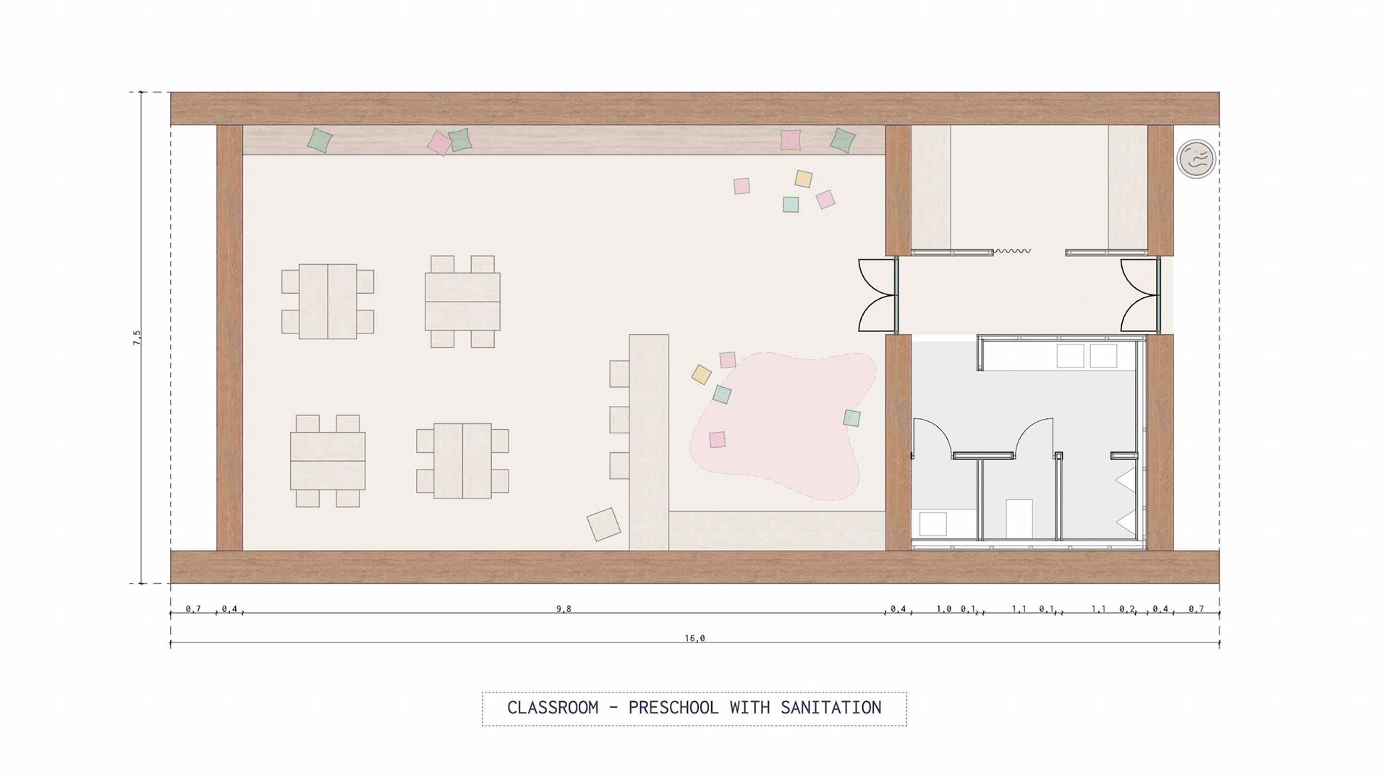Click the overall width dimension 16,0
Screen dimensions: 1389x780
pyautogui.click(x=694, y=638)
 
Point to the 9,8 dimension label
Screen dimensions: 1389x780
pyautogui.click(x=564, y=609)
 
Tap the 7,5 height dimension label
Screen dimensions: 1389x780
pyautogui.click(x=137, y=337)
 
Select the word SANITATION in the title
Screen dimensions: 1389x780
pyautogui.click(x=831, y=708)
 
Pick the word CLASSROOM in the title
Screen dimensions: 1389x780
pyautogui.click(x=553, y=708)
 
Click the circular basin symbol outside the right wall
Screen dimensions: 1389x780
pyautogui.click(x=1196, y=158)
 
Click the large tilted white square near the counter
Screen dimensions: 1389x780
pyautogui.click(x=603, y=524)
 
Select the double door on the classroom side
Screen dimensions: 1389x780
pyautogui.click(x=878, y=295)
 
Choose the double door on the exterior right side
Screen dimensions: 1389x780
pyautogui.click(x=1140, y=295)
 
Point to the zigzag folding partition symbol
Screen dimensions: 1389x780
pyautogui.click(x=1011, y=251)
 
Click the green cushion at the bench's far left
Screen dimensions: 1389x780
pyautogui.click(x=319, y=140)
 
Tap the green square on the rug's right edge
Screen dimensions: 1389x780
pyautogui.click(x=852, y=417)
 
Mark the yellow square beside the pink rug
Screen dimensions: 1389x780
pyautogui.click(x=701, y=374)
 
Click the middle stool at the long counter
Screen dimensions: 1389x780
pyautogui.click(x=619, y=420)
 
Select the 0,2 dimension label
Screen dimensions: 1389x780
pyautogui.click(x=1127, y=609)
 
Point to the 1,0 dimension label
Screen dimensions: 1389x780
pyautogui.click(x=944, y=609)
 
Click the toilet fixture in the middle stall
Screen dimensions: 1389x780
pyautogui.click(x=1019, y=519)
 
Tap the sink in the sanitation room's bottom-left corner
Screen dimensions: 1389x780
pyautogui.click(x=933, y=524)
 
